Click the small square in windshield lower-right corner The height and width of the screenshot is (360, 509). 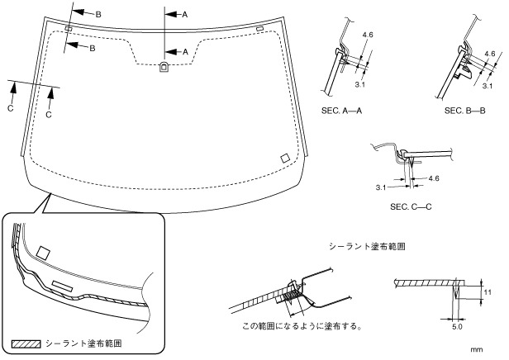click(x=285, y=158)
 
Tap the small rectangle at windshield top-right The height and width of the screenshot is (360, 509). click(x=259, y=29)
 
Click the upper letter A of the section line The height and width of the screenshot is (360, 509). click(x=185, y=15)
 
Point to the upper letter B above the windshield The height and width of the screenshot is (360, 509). click(x=98, y=15)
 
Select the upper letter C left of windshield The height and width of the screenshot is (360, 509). click(x=11, y=108)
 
